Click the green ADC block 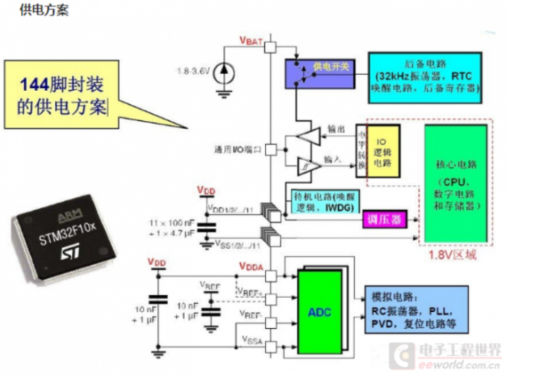point(319,311)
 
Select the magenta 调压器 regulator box point(384,220)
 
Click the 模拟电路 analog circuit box point(416,309)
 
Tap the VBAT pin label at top point(251,41)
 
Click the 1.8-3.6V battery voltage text point(195,70)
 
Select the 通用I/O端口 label point(237,149)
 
